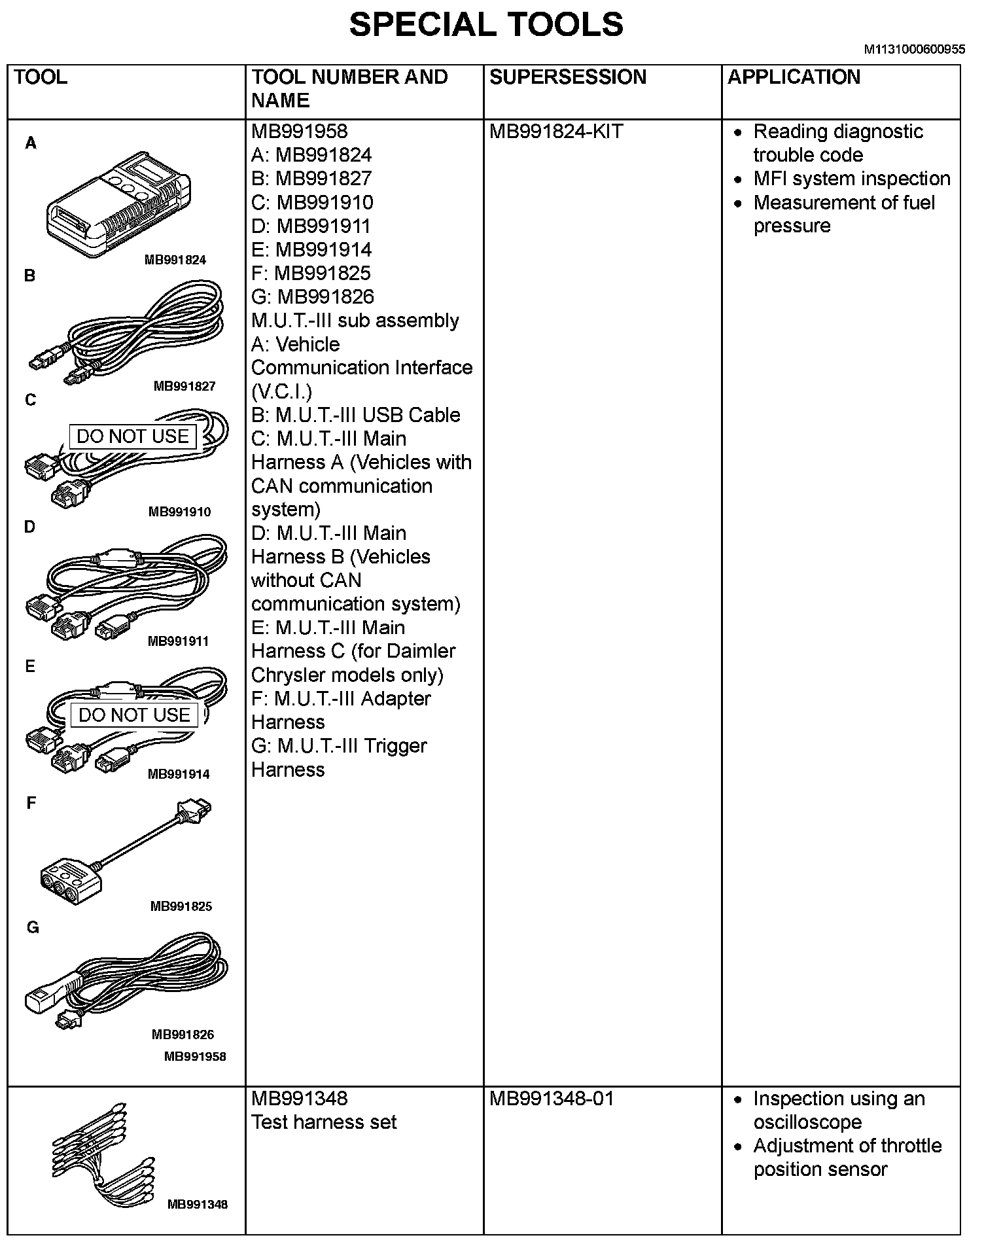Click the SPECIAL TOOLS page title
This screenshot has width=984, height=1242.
tap(485, 25)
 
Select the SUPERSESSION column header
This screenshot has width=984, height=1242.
tap(567, 77)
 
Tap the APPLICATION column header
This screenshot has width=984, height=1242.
tap(794, 77)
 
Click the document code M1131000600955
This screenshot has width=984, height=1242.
tap(914, 49)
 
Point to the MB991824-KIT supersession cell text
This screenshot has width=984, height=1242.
tap(556, 132)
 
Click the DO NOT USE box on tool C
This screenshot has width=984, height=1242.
tap(133, 436)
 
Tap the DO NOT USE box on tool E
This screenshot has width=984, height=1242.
tap(134, 715)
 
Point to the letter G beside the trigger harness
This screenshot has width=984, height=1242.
tap(33, 927)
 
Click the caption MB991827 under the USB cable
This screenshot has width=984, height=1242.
tap(184, 386)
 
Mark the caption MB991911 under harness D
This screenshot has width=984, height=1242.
tap(179, 641)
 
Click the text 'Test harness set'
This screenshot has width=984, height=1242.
tap(324, 1122)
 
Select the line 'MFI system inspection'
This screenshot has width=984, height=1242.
tap(851, 179)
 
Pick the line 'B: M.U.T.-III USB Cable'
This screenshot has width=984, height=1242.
tap(356, 415)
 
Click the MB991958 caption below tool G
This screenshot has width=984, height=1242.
tap(195, 1056)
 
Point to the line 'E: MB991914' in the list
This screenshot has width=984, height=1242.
tap(311, 249)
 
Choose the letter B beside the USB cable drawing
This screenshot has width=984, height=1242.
tap(29, 275)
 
